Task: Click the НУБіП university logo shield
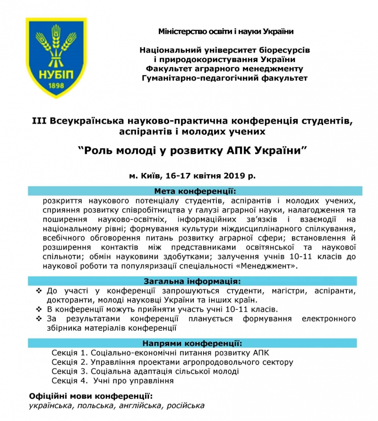pyautogui.click(x=56, y=57)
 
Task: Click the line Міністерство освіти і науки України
pyautogui.click(x=226, y=32)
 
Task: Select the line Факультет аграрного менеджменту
pyautogui.click(x=225, y=69)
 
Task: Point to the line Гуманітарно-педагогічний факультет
pyautogui.click(x=225, y=78)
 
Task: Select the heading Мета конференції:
pyautogui.click(x=195, y=191)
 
